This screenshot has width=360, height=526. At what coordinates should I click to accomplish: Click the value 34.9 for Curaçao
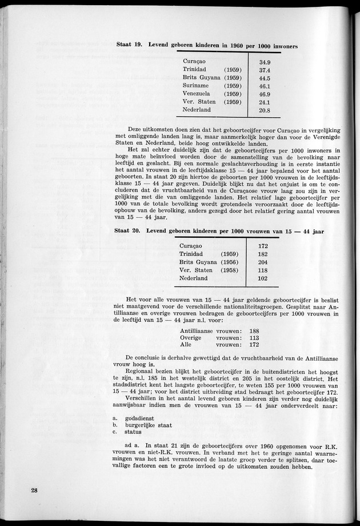265,62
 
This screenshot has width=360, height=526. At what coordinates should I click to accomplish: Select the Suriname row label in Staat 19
197,85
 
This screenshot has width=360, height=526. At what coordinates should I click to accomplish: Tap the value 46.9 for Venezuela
265,94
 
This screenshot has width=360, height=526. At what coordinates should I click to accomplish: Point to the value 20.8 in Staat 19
265,110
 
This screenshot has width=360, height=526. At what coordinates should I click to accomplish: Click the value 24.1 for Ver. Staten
265,102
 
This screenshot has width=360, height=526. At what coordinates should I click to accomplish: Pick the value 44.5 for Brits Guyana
265,78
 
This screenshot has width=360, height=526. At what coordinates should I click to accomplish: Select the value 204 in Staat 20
263,262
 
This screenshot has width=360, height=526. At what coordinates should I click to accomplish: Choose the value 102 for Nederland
263,278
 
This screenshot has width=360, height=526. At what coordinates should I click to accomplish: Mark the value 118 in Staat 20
263,270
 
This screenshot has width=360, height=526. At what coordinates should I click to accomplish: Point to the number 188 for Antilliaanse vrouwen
254,331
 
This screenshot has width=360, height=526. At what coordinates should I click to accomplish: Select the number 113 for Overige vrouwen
254,338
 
